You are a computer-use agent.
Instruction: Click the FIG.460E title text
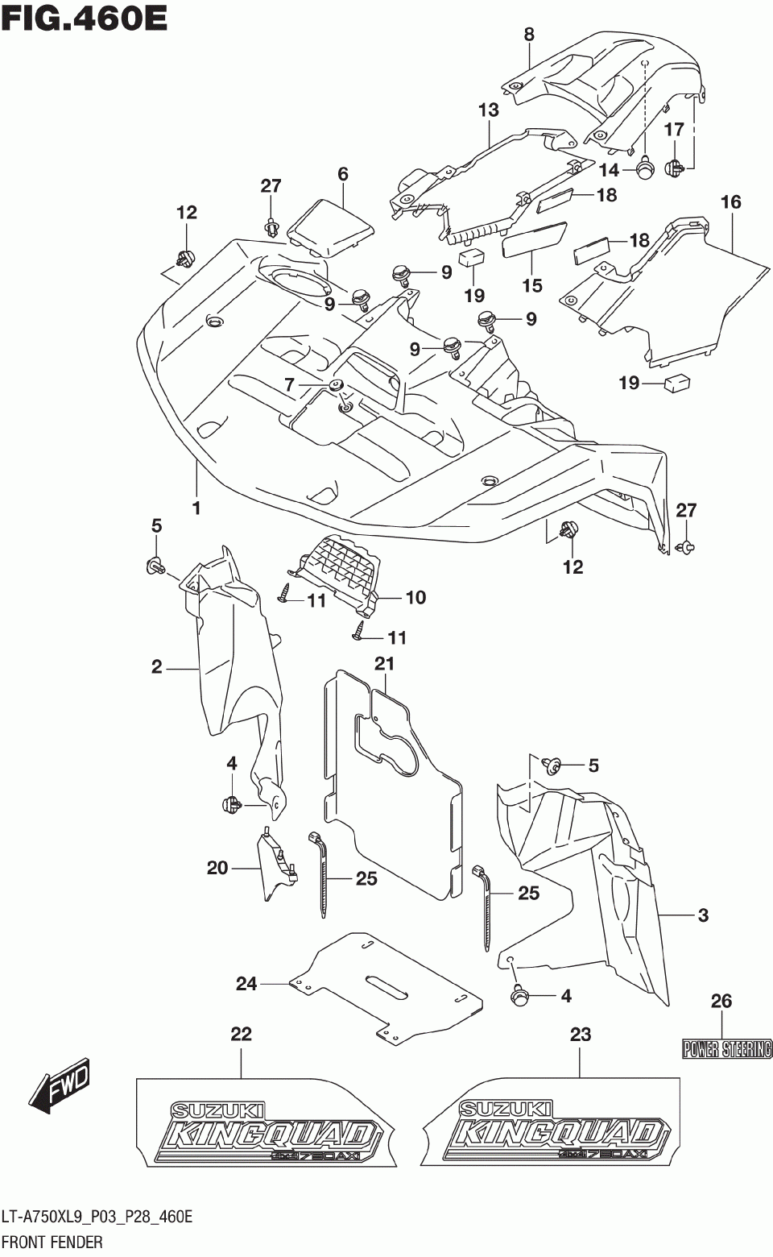tap(84, 18)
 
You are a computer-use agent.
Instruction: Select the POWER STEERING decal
tap(727, 1049)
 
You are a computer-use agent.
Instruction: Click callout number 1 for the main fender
tap(196, 509)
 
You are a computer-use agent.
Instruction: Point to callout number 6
tap(343, 174)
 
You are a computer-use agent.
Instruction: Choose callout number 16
tap(731, 202)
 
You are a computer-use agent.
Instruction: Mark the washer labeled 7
tap(337, 385)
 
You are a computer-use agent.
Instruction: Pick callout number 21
tap(385, 665)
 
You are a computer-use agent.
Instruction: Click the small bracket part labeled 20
tap(276, 866)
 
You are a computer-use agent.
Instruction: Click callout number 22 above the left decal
tap(242, 1034)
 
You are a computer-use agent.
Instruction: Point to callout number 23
tap(581, 1034)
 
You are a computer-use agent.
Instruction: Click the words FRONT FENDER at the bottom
tap(52, 1241)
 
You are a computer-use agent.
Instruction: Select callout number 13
tap(489, 110)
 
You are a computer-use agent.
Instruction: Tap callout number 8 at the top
tap(529, 35)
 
